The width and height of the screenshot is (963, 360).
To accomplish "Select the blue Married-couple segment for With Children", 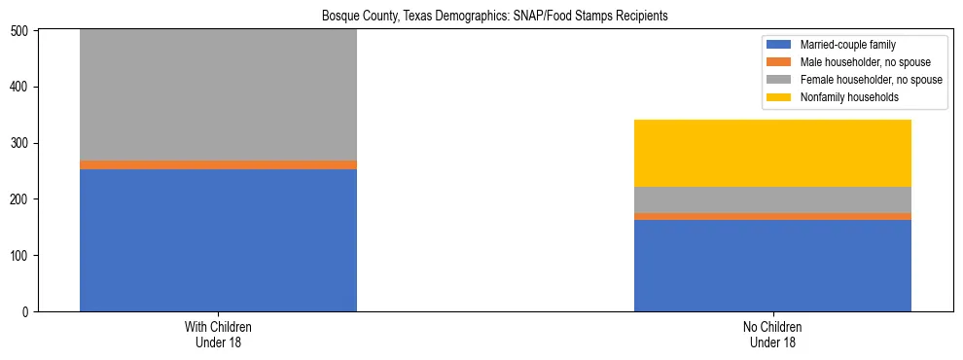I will (x=218, y=240).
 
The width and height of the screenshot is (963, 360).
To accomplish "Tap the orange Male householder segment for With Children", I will (x=218, y=165).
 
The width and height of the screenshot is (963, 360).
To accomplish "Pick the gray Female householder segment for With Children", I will (x=218, y=95).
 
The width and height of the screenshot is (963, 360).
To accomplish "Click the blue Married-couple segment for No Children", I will (x=772, y=266).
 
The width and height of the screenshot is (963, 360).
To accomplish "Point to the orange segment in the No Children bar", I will (x=772, y=217).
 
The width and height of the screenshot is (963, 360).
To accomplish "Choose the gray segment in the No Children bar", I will (x=772, y=199).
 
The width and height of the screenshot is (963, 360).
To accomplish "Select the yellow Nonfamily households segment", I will (x=772, y=153).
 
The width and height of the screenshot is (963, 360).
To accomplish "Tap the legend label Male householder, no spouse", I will (x=857, y=62).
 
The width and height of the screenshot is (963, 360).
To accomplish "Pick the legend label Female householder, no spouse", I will (x=871, y=80).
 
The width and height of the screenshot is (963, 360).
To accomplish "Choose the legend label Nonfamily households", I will (x=842, y=97).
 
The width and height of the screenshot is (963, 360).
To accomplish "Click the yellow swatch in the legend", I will (x=780, y=97).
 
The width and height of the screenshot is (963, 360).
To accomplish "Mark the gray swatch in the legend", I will (x=780, y=80).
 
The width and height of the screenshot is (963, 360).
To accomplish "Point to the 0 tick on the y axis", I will (x=28, y=312).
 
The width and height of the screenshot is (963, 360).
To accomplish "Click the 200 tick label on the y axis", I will (x=21, y=199).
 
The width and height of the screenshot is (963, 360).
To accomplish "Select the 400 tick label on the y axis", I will (x=21, y=88).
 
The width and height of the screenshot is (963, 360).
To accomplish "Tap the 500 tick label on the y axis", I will (x=21, y=31).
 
